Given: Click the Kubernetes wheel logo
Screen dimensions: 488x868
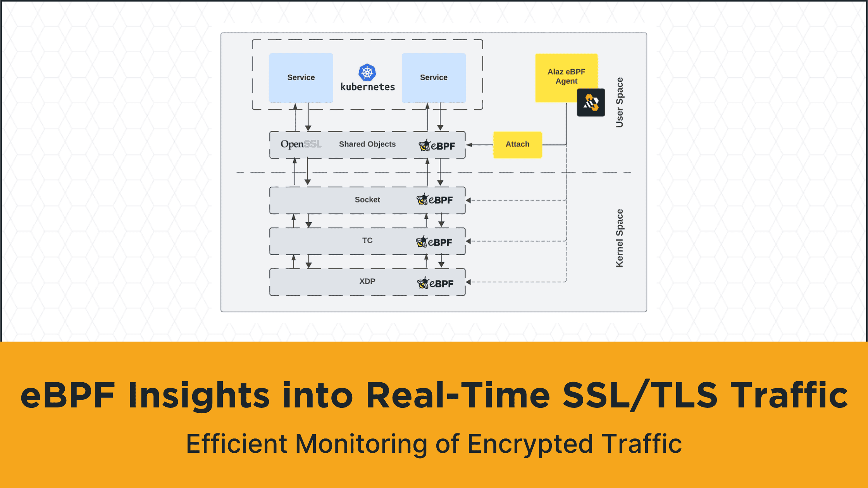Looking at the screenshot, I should pos(367,72).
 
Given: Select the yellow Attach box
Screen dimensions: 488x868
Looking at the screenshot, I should pos(517,144).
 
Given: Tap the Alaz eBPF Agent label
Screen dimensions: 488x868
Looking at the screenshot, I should pos(566,76).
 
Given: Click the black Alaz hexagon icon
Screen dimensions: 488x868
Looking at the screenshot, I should pos(591,103).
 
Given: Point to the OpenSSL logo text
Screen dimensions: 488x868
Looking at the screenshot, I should pos(301,144).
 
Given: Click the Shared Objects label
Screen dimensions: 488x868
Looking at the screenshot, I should pos(367,144).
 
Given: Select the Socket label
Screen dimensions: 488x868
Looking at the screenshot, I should pos(367,200).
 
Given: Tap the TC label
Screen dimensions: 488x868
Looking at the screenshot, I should pos(367,241).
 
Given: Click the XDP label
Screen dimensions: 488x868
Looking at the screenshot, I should pos(367,282).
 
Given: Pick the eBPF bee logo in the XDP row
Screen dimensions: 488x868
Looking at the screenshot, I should pos(435,283).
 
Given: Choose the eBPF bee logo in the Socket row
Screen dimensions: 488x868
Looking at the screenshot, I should pos(434,200).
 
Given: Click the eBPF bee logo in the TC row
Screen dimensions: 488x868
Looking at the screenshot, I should pos(434,242).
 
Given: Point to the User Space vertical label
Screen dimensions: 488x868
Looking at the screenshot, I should pos(620,102).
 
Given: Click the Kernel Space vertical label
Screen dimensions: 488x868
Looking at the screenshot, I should pos(620,238).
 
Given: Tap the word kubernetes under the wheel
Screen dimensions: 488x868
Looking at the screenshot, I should pos(367,87).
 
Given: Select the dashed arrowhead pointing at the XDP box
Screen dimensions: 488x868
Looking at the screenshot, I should pos(468,282).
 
